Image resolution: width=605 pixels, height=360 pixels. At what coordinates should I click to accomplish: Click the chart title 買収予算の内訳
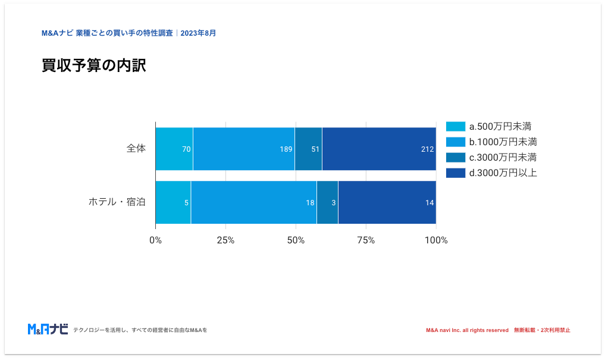93,66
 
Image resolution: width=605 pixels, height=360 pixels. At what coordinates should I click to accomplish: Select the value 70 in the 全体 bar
186,149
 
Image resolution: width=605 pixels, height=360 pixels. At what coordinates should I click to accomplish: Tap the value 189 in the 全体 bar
286,149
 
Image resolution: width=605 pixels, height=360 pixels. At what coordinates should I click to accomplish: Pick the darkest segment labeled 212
379,149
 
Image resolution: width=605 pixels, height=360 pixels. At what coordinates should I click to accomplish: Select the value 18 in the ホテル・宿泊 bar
310,202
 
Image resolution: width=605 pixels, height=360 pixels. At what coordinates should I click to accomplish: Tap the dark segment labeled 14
387,202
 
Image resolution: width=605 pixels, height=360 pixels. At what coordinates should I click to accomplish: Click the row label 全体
136,149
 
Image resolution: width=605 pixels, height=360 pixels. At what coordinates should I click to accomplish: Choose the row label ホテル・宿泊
117,202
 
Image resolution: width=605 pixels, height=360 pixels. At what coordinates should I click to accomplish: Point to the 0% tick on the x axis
155,240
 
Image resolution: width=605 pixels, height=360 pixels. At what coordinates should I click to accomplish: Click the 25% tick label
225,240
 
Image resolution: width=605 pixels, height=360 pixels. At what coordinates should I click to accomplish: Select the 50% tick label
296,240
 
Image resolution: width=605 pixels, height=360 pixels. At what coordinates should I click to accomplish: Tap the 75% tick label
366,240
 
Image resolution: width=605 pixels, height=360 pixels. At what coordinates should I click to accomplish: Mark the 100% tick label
436,240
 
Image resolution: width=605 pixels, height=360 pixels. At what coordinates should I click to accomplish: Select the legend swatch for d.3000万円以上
456,173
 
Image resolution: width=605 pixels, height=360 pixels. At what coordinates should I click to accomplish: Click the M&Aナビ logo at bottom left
48,329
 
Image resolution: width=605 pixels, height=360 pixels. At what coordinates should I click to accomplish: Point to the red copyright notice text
498,330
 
